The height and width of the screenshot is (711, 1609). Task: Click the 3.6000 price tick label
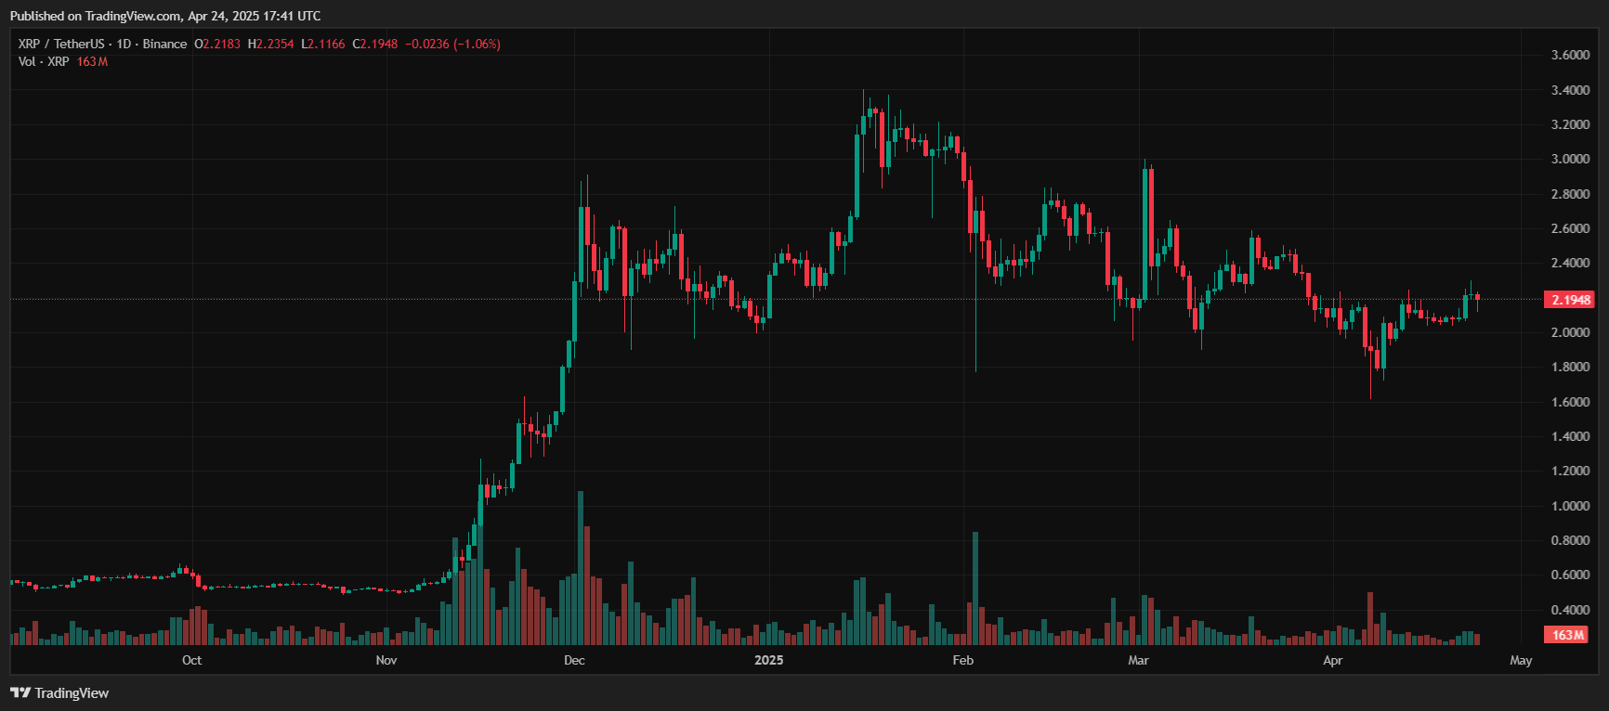(1570, 55)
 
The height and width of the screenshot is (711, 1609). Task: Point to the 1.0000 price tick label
(1570, 506)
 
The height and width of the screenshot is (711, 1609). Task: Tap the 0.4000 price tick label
(1570, 610)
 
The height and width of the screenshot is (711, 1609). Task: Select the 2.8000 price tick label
(1570, 194)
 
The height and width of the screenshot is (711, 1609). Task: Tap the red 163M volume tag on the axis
(1567, 635)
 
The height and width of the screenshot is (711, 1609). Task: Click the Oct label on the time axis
(191, 660)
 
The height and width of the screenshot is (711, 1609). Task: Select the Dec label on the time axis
(574, 660)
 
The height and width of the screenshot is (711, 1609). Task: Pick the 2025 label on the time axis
(768, 660)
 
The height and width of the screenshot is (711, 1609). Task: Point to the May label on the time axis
(1521, 660)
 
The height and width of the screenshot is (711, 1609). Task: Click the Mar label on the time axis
(1138, 660)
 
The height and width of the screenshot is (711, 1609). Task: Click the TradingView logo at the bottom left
(59, 692)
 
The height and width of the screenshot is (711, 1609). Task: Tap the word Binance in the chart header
(164, 44)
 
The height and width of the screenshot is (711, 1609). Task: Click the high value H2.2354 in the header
(270, 44)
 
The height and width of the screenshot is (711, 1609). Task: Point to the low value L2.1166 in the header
(322, 44)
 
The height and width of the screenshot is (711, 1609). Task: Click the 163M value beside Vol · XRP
(92, 61)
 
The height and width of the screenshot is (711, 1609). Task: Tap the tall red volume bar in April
(1370, 618)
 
